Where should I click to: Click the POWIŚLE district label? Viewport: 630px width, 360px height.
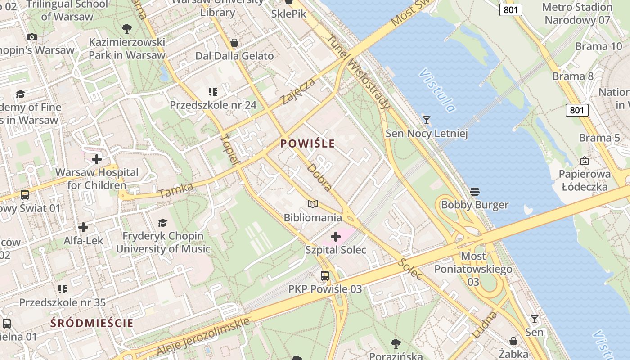tap(308, 144)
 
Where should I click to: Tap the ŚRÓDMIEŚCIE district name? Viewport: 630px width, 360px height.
tap(92, 323)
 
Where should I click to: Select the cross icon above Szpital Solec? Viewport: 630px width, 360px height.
tap(336, 237)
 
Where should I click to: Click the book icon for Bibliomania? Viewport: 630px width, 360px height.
tap(313, 204)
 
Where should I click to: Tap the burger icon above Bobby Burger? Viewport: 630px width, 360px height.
tap(474, 192)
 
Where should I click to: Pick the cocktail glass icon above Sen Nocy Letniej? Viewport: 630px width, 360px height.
tap(426, 120)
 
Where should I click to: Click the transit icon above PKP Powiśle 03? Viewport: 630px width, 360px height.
tap(325, 275)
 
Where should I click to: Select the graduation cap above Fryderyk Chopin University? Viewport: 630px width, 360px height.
tap(162, 223)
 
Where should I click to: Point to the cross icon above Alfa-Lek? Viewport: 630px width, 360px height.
tap(83, 227)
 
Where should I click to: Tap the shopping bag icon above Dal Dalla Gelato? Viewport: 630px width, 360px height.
tap(234, 43)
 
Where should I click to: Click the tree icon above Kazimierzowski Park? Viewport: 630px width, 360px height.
tap(127, 29)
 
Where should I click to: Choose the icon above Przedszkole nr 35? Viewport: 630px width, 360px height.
tap(62, 289)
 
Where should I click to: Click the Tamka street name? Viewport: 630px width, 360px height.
tap(176, 190)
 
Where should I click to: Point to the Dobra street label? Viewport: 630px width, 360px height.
tap(319, 177)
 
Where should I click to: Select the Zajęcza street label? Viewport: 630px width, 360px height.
tap(298, 91)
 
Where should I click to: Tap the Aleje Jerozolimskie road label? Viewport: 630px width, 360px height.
tap(203, 336)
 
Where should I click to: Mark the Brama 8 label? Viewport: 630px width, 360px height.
tap(573, 76)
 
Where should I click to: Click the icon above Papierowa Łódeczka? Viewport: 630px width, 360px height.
tap(585, 161)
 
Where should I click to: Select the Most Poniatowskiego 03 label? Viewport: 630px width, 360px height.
tap(473, 269)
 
